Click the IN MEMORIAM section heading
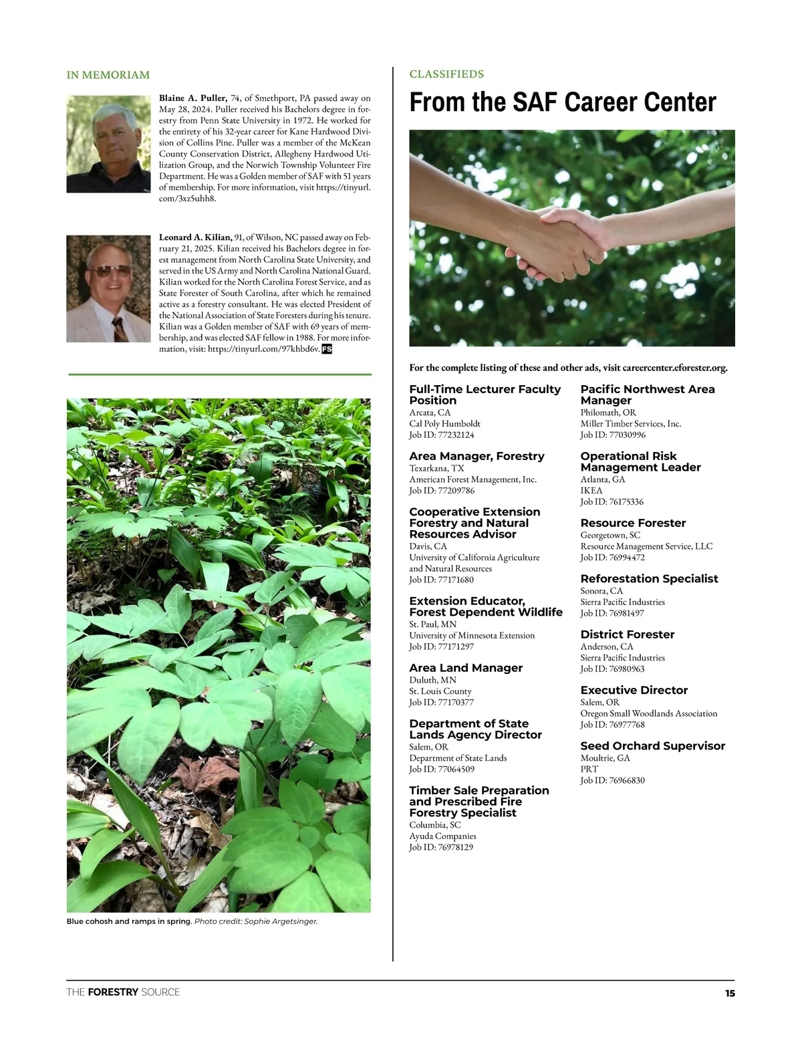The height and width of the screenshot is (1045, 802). pyautogui.click(x=108, y=75)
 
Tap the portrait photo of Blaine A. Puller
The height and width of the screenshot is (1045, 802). pyautogui.click(x=108, y=144)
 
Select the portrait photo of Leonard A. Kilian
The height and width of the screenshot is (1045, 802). pyautogui.click(x=108, y=289)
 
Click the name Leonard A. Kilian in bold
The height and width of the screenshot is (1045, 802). pyautogui.click(x=195, y=237)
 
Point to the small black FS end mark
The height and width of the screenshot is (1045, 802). pyautogui.click(x=327, y=349)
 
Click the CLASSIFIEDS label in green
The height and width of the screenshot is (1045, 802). pyautogui.click(x=446, y=74)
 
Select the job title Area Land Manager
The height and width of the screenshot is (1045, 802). pyautogui.click(x=466, y=668)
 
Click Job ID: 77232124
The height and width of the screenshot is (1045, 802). pyautogui.click(x=442, y=435)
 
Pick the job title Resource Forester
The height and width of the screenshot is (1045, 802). pyautogui.click(x=633, y=523)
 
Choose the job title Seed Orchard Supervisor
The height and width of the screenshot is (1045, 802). pyautogui.click(x=652, y=745)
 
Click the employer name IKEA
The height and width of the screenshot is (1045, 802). pyautogui.click(x=591, y=491)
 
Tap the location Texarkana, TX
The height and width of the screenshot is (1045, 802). pyautogui.click(x=436, y=468)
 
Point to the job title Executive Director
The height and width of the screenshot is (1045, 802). pyautogui.click(x=634, y=690)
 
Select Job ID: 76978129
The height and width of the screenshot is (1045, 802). pyautogui.click(x=441, y=847)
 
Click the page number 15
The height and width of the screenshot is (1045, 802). pyautogui.click(x=730, y=994)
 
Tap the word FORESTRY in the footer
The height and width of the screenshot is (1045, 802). pyautogui.click(x=113, y=992)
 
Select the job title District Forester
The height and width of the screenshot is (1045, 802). pyautogui.click(x=627, y=634)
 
